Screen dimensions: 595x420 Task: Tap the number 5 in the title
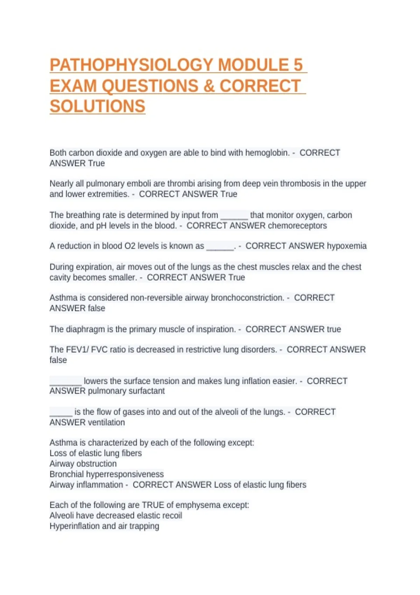click(x=298, y=65)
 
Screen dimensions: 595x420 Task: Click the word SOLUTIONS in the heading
click(x=97, y=106)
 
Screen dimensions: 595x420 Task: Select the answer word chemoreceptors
click(x=297, y=226)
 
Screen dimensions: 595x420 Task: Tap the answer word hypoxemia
click(x=346, y=246)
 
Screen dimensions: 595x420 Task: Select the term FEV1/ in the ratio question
click(x=77, y=350)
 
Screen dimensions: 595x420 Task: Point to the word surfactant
click(x=146, y=391)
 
